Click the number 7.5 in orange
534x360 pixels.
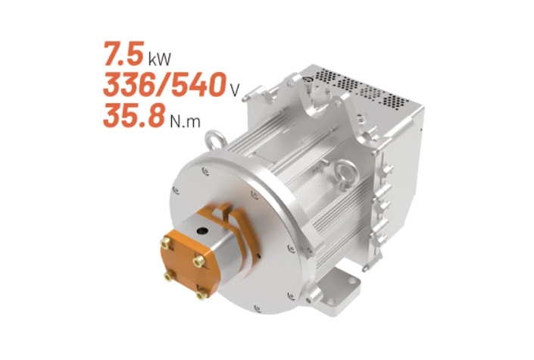pos(124,54)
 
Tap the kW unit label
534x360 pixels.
pos(159,58)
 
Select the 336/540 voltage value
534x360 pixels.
pos(165,85)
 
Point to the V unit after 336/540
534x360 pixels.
pos(235,90)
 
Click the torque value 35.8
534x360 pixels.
pos(134,115)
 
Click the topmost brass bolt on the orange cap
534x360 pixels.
pos(166,243)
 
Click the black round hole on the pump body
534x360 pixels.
pos(202,231)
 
